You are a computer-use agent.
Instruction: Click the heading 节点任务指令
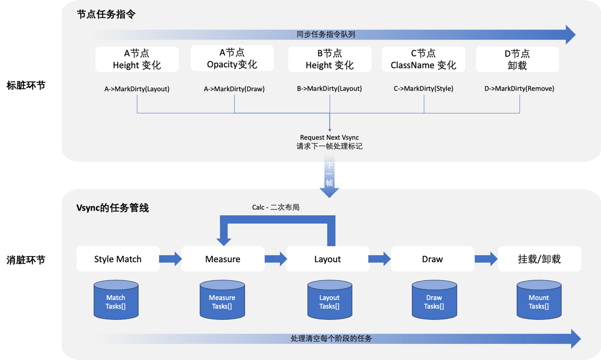pyautogui.click(x=106, y=15)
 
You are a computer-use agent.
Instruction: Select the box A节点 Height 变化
pyautogui.click(x=137, y=59)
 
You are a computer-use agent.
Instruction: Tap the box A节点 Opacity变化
pyautogui.click(x=232, y=58)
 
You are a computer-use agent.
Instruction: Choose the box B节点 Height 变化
pyautogui.click(x=330, y=59)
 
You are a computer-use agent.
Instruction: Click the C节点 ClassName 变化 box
pyautogui.click(x=423, y=59)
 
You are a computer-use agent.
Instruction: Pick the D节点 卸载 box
pyautogui.click(x=517, y=59)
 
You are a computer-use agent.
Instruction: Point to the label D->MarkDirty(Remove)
pyautogui.click(x=519, y=88)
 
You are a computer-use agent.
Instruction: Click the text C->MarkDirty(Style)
pyautogui.click(x=423, y=88)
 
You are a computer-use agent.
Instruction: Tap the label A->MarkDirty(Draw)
pyautogui.click(x=234, y=89)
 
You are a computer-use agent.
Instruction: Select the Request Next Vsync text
pyautogui.click(x=329, y=137)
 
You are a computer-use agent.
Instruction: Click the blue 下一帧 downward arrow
pyautogui.click(x=329, y=179)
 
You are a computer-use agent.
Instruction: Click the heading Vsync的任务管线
pyautogui.click(x=113, y=208)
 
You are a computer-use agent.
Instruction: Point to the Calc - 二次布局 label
pyautogui.click(x=275, y=207)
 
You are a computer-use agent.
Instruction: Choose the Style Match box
pyautogui.click(x=118, y=259)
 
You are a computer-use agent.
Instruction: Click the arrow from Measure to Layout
pyautogui.click(x=275, y=259)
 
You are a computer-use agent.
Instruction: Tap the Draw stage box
pyautogui.click(x=432, y=259)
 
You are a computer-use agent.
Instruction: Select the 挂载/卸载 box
pyautogui.click(x=539, y=259)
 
